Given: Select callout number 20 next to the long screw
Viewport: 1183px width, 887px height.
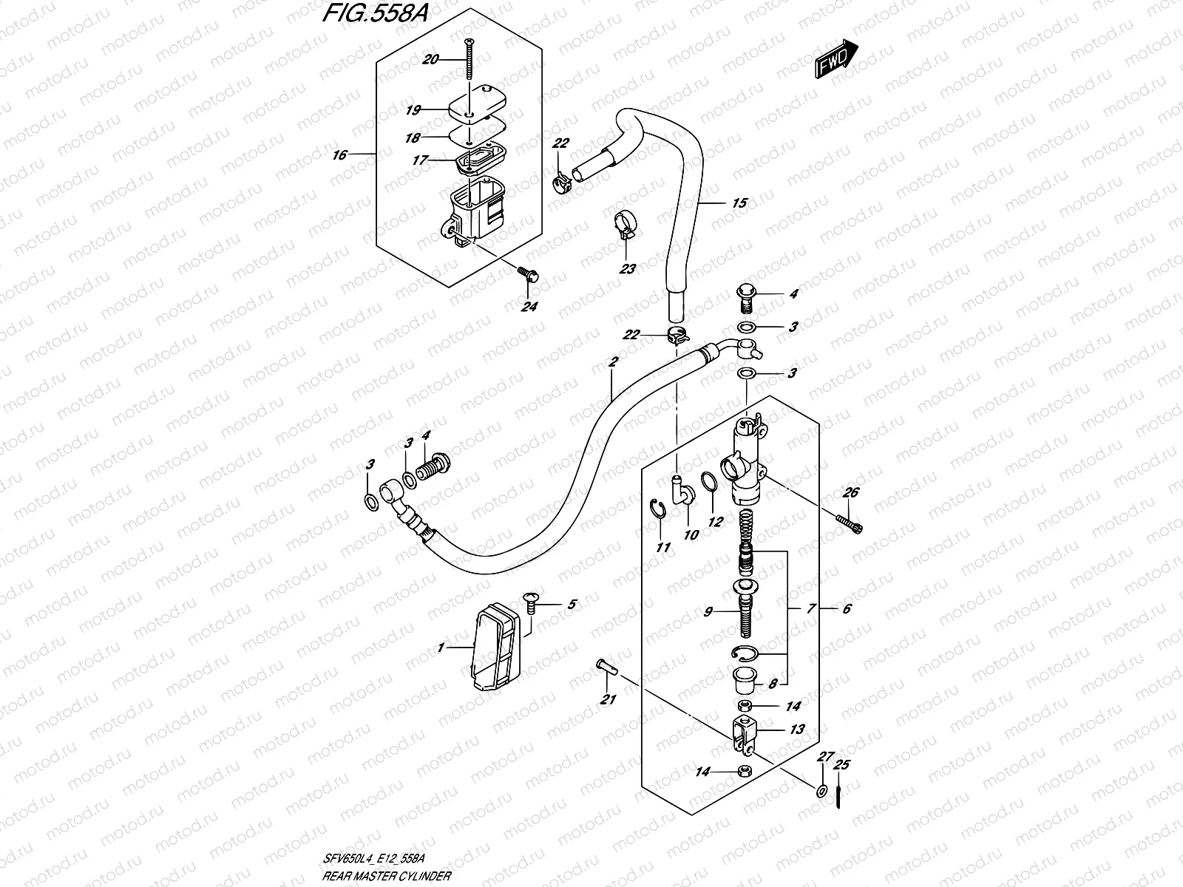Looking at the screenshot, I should click(430, 60).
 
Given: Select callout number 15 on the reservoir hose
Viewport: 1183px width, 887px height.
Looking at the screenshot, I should click(739, 203).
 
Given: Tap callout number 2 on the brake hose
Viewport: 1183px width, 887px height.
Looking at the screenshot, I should click(612, 362).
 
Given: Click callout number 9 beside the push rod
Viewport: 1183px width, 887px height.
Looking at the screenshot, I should click(708, 612).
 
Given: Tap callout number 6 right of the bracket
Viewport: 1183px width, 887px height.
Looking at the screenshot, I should click(847, 609).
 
